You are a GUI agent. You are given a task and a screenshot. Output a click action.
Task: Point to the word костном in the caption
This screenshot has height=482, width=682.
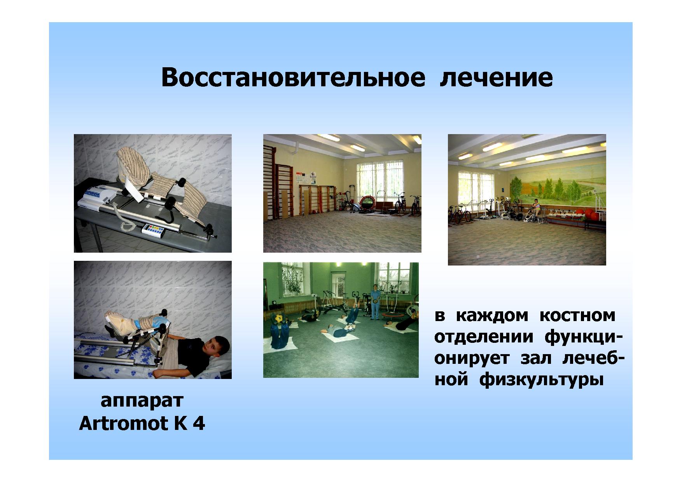[x=577, y=316]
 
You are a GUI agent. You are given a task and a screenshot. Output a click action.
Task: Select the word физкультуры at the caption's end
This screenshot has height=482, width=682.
[x=542, y=380]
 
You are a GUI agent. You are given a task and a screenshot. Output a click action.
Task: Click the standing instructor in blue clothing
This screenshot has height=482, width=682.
[x=375, y=302]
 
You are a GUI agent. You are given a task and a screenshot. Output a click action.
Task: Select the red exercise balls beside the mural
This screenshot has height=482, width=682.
[x=589, y=215]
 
